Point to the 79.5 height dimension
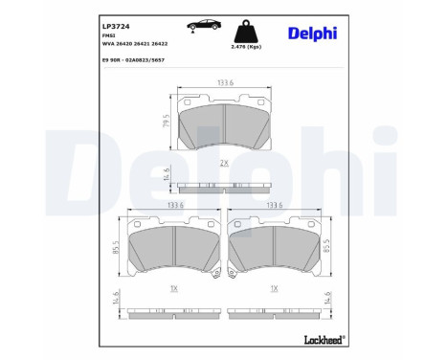(167, 126)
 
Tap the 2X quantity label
(223, 164)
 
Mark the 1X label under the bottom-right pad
(275, 289)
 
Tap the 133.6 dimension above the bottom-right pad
(276, 205)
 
